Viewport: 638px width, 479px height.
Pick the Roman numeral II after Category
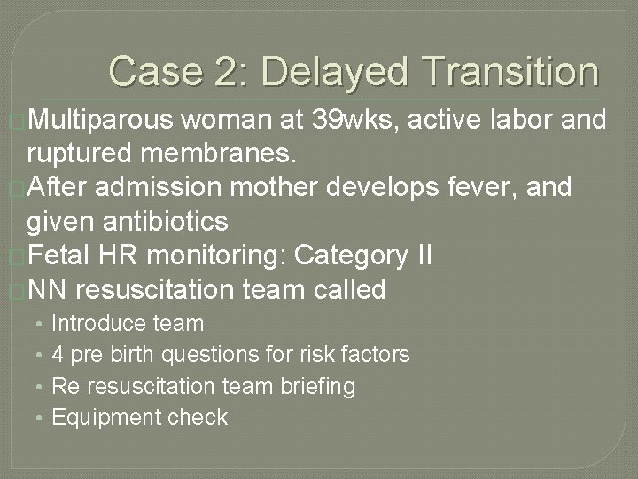(x=422, y=255)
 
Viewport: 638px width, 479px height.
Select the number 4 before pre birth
(x=58, y=355)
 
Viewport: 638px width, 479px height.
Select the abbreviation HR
(x=119, y=255)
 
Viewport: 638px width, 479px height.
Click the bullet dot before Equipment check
(x=40, y=419)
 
